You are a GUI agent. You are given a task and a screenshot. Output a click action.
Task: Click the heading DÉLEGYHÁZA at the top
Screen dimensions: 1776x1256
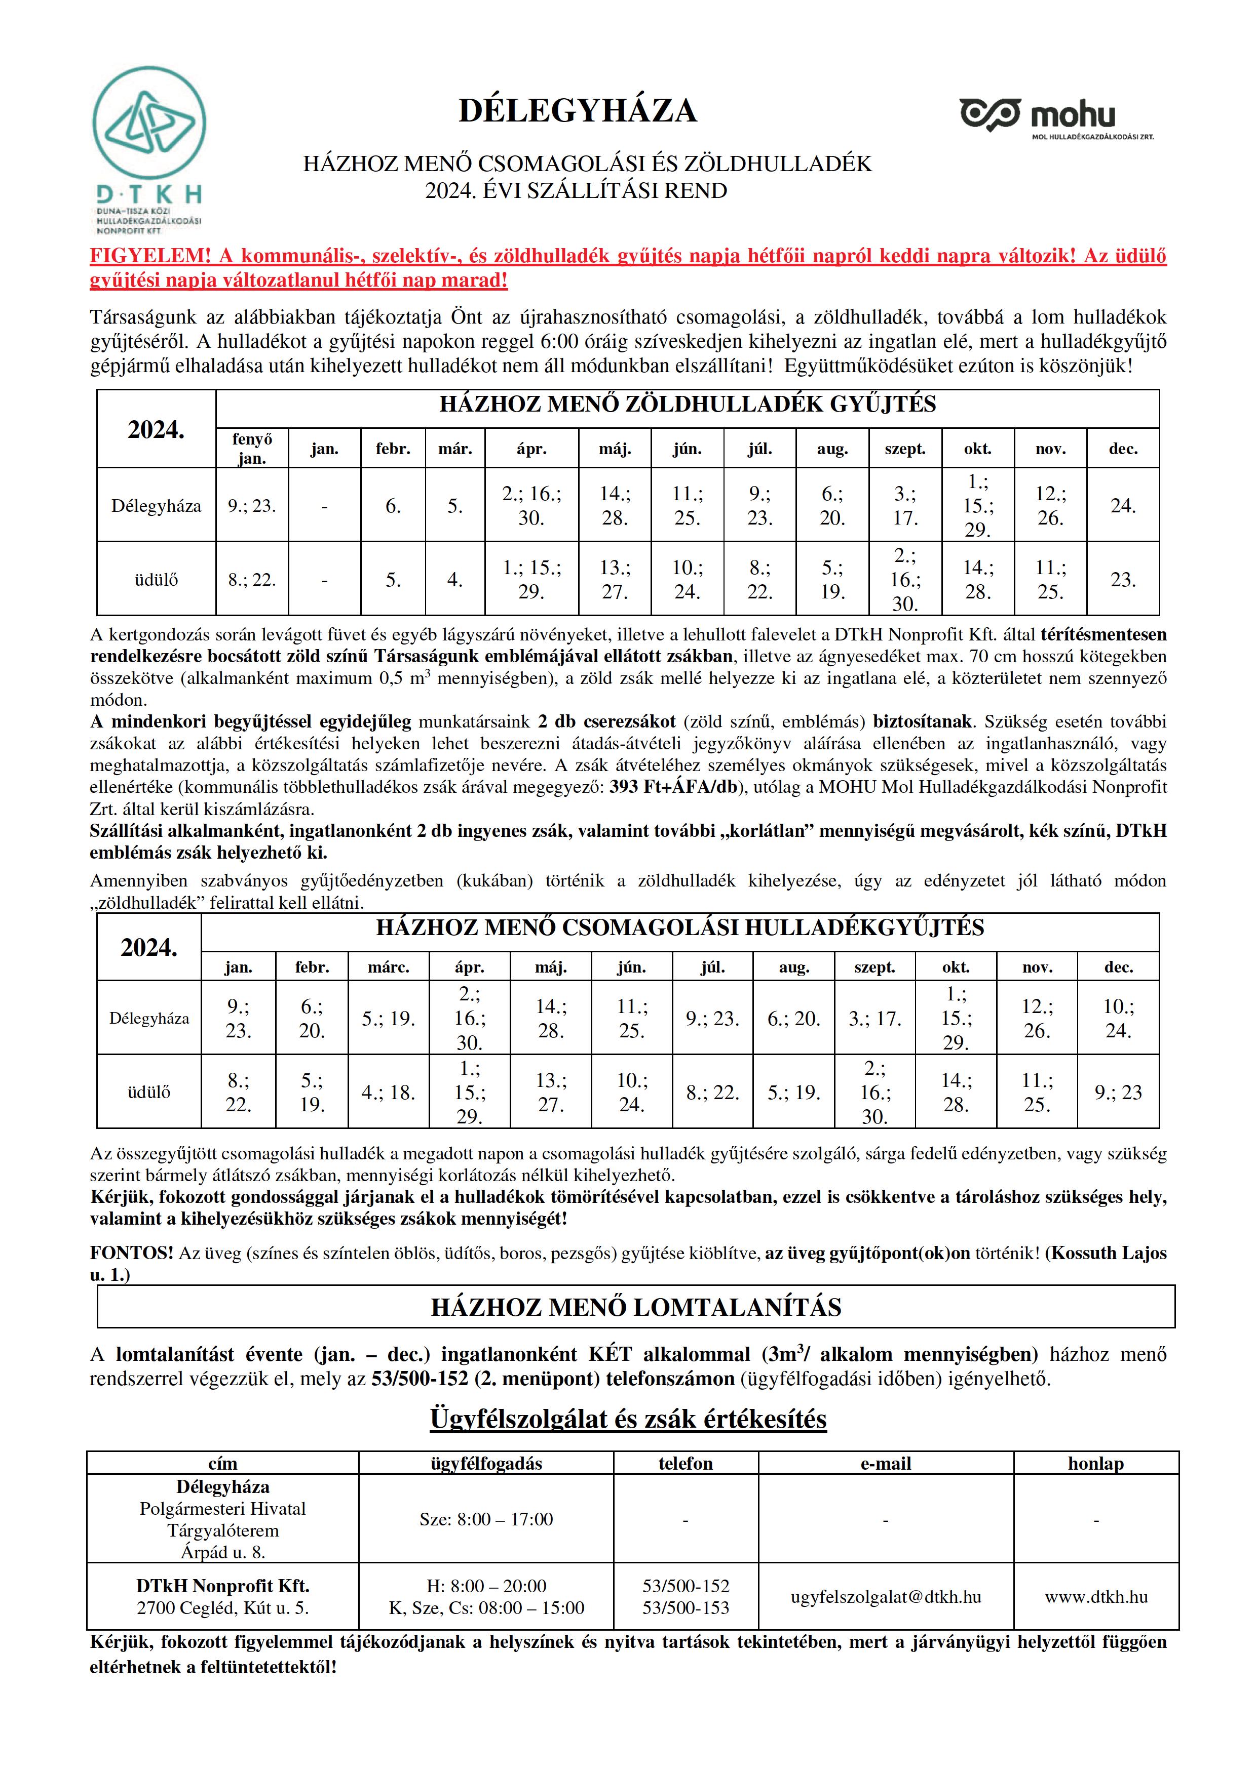tap(577, 110)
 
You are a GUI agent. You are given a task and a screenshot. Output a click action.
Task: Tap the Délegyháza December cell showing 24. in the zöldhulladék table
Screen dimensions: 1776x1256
tap(1122, 506)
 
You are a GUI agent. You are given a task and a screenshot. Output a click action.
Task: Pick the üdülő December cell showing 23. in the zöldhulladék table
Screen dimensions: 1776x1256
tap(1122, 579)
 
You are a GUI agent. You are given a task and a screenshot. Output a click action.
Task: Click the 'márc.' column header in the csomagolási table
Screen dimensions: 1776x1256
tap(389, 967)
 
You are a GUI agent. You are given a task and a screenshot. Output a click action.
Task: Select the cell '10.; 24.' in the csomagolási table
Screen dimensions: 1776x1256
tap(1118, 1018)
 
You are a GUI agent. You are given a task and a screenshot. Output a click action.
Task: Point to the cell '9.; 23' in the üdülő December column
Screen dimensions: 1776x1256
tap(1118, 1092)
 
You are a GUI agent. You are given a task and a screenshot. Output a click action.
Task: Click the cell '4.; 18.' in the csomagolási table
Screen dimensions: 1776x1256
tap(389, 1092)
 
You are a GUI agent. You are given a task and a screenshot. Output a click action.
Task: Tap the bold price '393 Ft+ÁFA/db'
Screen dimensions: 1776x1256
tap(673, 787)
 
